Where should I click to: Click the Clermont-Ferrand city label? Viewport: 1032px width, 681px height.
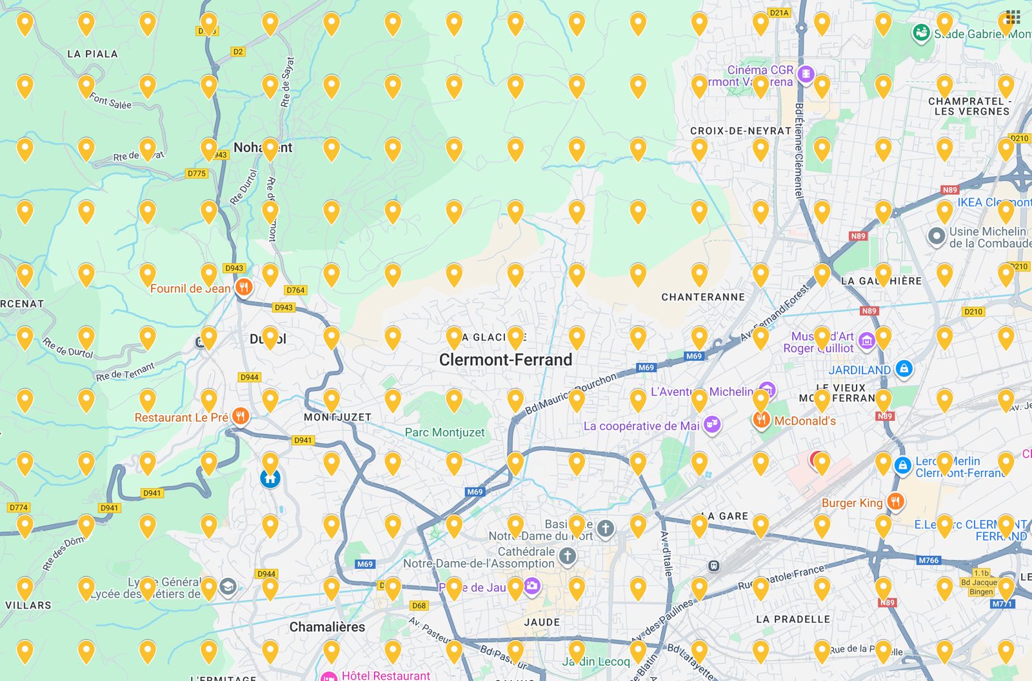505,360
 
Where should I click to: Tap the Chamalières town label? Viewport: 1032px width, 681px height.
327,627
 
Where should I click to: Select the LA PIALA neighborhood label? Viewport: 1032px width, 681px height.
92,54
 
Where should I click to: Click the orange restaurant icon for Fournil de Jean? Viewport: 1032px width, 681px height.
243,287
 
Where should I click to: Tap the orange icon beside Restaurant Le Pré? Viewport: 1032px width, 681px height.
240,416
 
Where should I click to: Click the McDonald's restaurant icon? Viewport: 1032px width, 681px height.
762,420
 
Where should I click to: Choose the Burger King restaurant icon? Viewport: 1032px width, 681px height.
895,501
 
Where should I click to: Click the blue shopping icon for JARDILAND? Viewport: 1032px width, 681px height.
904,369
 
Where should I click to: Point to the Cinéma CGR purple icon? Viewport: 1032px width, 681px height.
806,74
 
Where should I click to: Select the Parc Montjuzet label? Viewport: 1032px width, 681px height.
444,432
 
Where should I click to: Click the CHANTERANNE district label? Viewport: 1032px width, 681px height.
703,297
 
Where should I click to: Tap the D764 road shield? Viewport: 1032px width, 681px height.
295,290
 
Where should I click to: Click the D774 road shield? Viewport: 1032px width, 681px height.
19,508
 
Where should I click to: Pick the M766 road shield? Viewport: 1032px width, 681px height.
928,560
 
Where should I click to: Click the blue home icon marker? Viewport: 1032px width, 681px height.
270,479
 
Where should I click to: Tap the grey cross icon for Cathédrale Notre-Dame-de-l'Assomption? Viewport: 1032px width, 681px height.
567,555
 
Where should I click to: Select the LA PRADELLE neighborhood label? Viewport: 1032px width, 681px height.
793,619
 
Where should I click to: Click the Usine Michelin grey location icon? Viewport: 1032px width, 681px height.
936,236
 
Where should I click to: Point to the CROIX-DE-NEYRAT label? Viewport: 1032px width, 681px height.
740,131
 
